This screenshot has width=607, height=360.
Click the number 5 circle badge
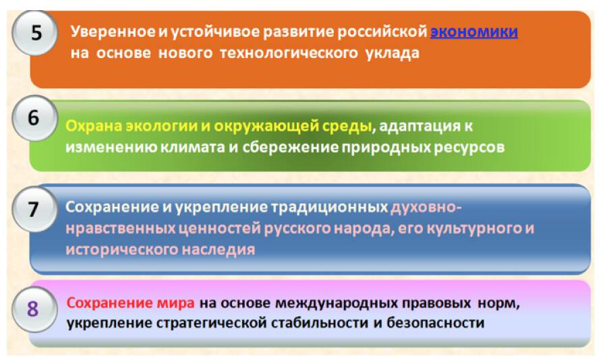35,33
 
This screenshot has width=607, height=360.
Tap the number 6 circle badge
35,118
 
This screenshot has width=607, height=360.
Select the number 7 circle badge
35,210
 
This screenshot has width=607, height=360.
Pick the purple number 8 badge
35,309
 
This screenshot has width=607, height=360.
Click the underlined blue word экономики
474,32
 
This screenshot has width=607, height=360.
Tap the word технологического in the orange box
289,53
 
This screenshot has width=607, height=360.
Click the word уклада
392,53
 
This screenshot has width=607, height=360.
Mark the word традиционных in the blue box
329,208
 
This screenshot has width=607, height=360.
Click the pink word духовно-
426,208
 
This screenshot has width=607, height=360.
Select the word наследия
219,249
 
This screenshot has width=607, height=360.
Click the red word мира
175,303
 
